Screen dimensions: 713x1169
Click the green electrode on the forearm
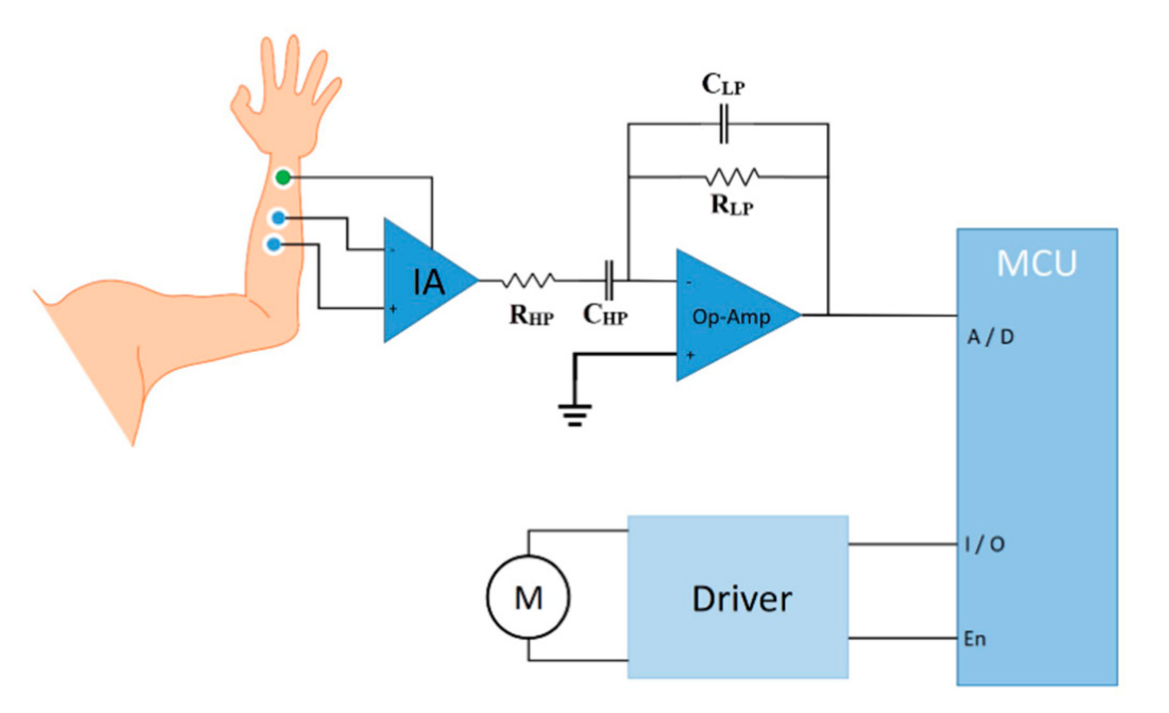click(x=283, y=177)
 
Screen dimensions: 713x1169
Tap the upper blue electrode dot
click(x=278, y=218)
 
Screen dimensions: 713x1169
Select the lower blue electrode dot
click(x=274, y=244)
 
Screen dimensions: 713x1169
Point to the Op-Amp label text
click(x=731, y=317)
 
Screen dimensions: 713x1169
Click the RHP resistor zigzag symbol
click(x=529, y=280)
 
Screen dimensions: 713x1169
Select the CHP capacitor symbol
click(x=609, y=280)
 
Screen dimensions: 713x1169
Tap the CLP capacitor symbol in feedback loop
click(x=724, y=124)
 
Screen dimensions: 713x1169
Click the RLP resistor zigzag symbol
click(x=732, y=177)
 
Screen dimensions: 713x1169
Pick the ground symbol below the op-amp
click(x=575, y=415)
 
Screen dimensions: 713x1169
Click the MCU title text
click(x=1036, y=263)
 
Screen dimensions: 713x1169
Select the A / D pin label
click(x=990, y=337)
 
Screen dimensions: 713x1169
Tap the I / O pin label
click(x=985, y=544)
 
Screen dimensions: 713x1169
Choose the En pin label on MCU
click(x=975, y=639)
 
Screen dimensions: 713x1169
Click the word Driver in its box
click(x=742, y=599)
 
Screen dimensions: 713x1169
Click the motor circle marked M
click(x=528, y=597)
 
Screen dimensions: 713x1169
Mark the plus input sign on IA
click(x=393, y=309)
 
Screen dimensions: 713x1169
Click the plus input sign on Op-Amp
click(x=690, y=355)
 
